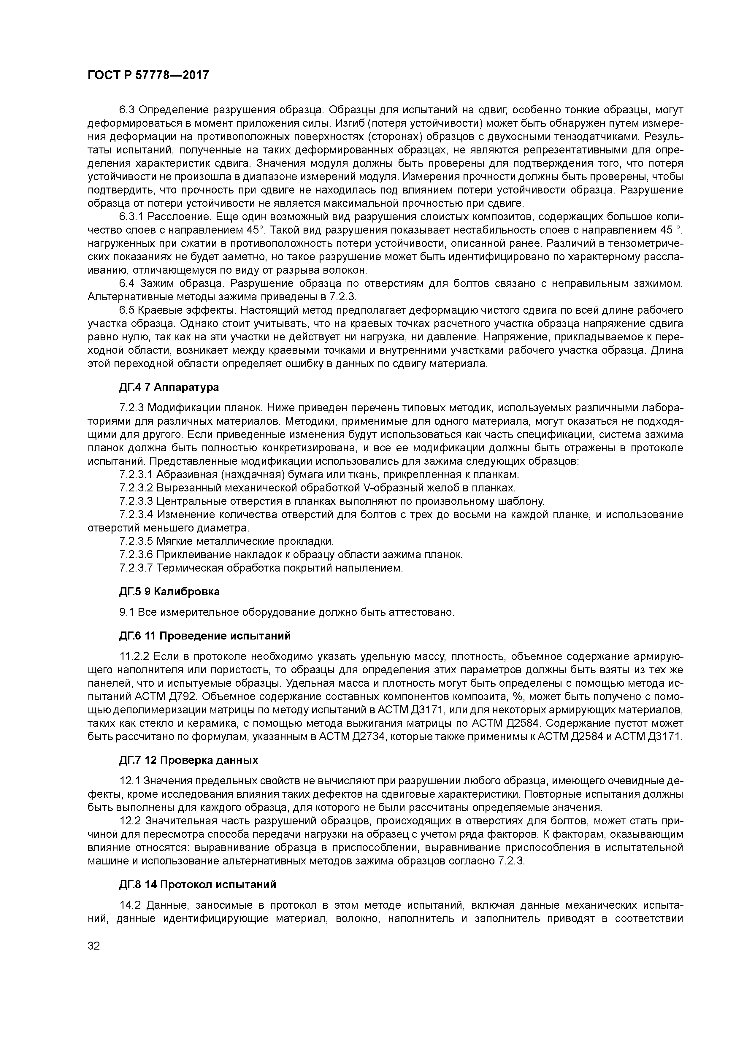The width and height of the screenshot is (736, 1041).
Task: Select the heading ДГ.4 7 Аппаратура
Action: click(169, 387)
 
